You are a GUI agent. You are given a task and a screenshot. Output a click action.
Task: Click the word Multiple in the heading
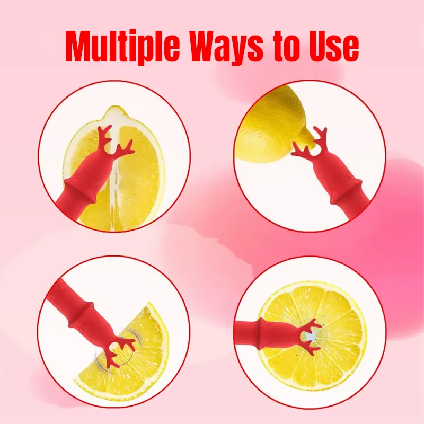tap(123, 46)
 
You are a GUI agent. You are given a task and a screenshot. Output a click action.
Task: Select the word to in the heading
tap(287, 47)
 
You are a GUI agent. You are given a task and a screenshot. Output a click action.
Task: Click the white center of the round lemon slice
tap(312, 336)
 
